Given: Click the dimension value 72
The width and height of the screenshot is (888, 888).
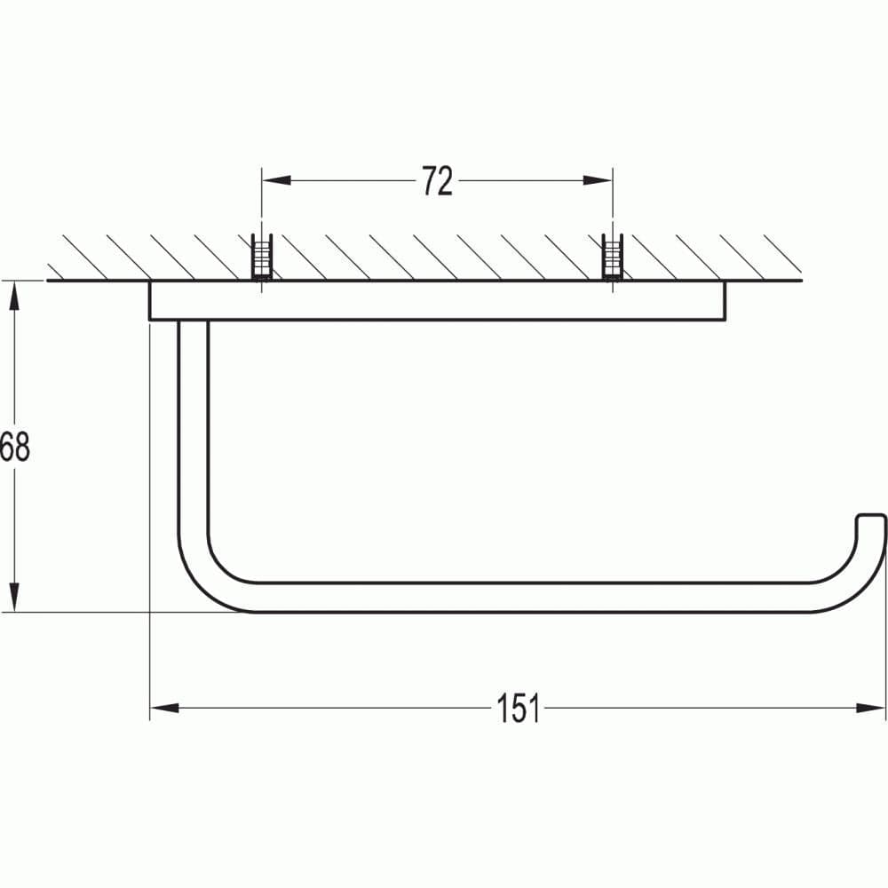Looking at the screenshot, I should click(x=436, y=181).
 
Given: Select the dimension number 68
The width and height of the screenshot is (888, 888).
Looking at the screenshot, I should click(x=15, y=447).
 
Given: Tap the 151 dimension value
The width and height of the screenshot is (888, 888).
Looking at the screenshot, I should click(x=519, y=708).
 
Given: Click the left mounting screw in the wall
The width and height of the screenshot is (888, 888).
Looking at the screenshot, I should click(x=262, y=258).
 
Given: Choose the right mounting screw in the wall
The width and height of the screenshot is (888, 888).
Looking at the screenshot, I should click(x=612, y=258).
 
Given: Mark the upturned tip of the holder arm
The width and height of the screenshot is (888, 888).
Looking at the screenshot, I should click(x=871, y=524).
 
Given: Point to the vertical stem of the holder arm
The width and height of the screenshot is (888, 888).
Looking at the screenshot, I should click(x=194, y=426).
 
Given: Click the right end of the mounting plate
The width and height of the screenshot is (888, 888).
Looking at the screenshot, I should click(x=721, y=300).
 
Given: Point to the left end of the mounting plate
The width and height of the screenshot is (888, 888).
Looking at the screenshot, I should click(x=153, y=300).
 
